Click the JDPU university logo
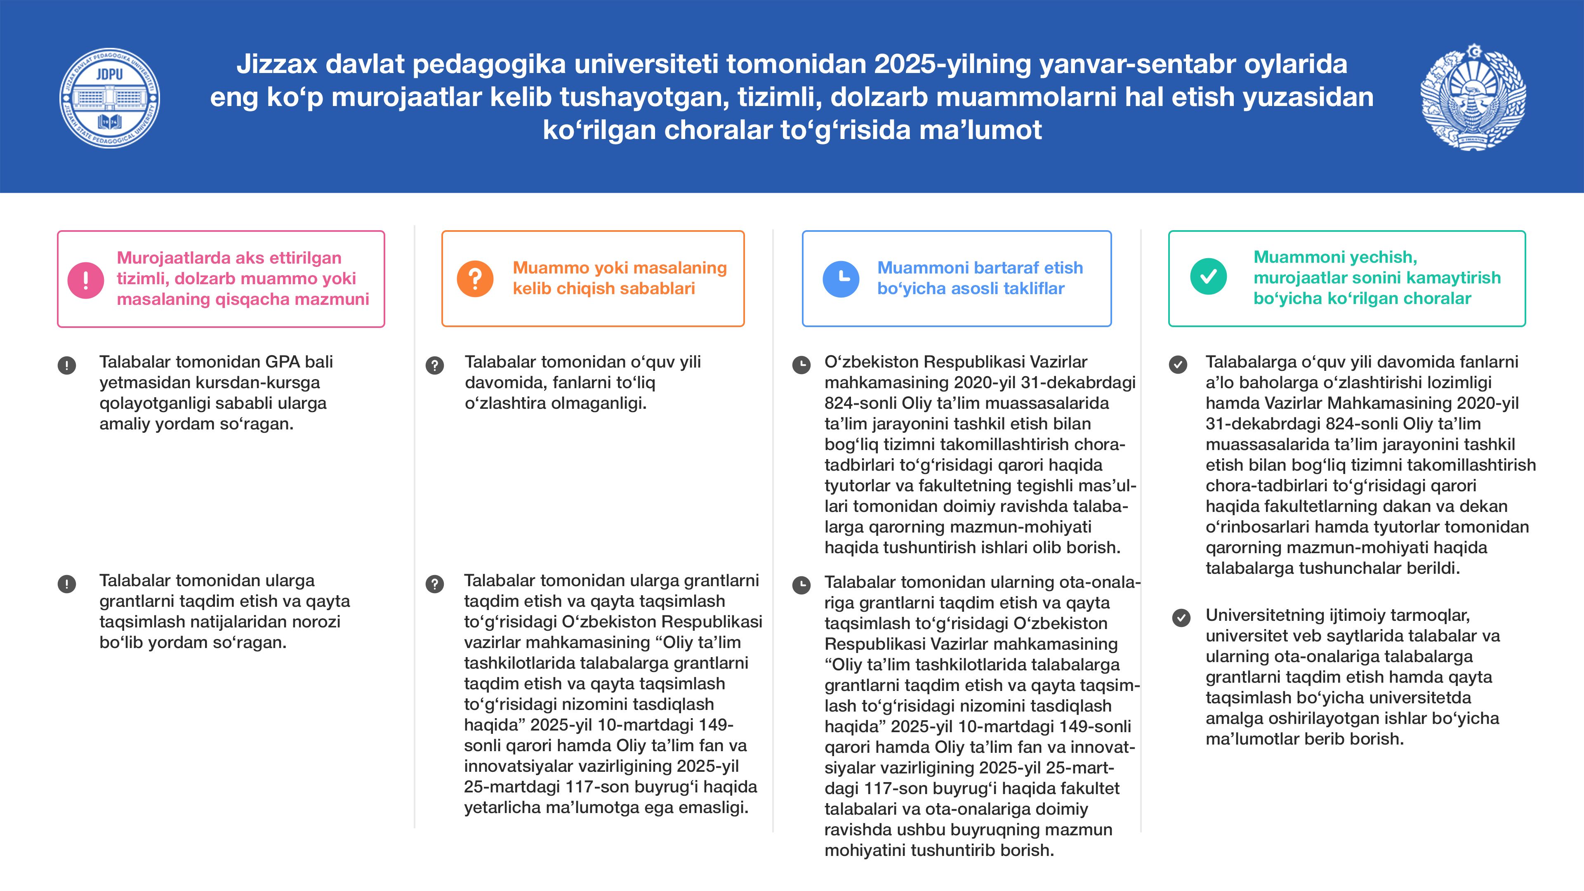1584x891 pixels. point(109,99)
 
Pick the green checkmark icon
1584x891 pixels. point(1208,277)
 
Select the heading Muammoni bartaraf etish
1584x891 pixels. point(980,268)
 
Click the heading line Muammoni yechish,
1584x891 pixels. point(1335,257)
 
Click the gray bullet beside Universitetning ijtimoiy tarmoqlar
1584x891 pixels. point(1181,618)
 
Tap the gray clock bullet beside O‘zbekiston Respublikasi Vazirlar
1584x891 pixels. point(801,365)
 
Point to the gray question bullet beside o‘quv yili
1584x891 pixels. point(435,365)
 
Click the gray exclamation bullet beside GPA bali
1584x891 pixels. point(66,365)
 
